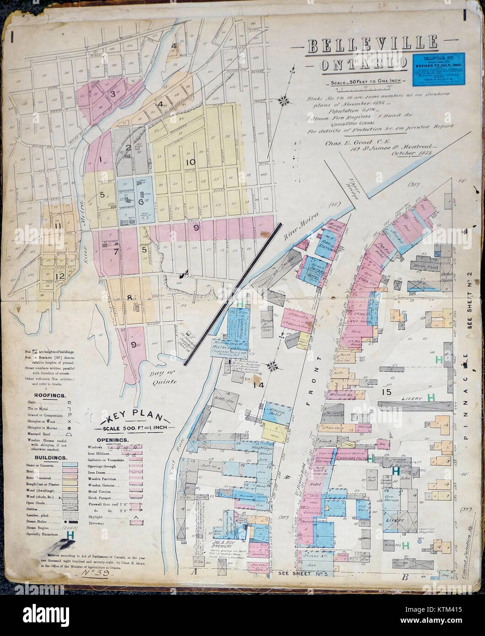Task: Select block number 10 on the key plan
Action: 190,162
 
